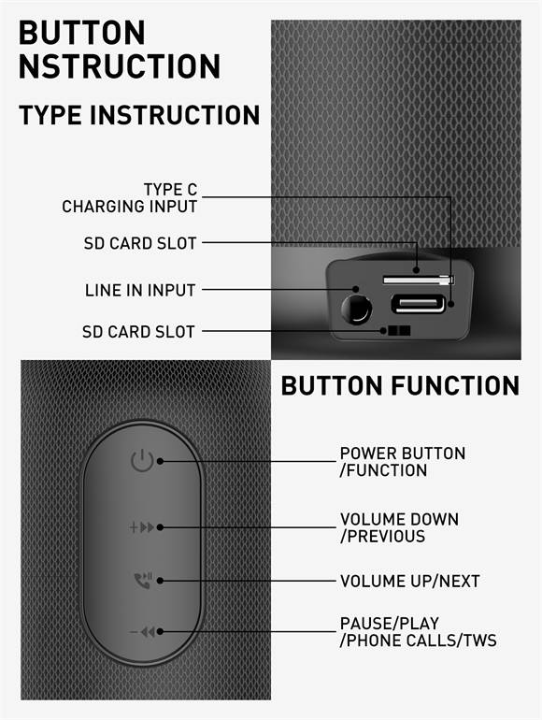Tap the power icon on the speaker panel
pos(141,460)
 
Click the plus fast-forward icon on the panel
pos(141,527)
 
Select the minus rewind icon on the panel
pos(141,633)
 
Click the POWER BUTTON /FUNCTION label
pos(402,462)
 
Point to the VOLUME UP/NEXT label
pos(409,581)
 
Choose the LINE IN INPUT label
pos(140,291)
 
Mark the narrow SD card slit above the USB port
pos(417,280)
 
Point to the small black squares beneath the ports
pos(399,331)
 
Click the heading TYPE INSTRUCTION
pos(139,116)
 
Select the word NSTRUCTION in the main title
pos(120,66)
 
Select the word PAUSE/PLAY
pos(389,624)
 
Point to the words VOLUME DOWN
pos(399,519)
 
